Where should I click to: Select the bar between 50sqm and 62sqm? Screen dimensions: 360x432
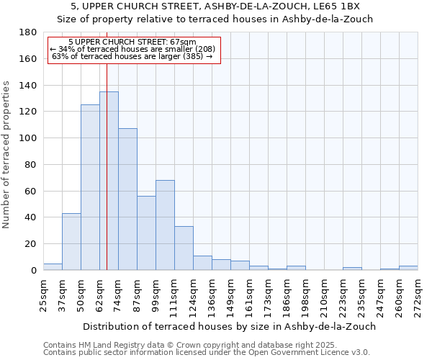click(90, 187)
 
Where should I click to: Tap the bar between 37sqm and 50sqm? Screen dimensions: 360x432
click(71, 241)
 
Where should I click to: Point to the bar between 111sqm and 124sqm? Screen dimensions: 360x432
click(184, 248)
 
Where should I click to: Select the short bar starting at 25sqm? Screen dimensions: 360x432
click(53, 266)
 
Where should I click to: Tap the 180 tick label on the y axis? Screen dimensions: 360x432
click(28, 32)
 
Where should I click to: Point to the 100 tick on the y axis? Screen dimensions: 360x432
click(28, 138)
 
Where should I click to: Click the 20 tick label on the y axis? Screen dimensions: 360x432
click(31, 244)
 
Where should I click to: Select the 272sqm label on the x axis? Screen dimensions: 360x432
click(418, 293)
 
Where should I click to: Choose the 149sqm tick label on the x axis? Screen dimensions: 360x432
click(230, 293)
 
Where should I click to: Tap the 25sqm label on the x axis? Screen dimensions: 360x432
click(43, 293)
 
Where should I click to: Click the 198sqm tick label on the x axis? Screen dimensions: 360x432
click(305, 293)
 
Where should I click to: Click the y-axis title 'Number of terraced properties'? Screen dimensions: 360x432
click(6, 154)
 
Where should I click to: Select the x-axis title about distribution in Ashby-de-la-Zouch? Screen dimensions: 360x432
click(230, 326)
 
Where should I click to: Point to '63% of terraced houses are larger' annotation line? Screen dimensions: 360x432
click(132, 56)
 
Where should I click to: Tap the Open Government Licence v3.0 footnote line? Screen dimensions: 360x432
click(207, 353)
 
